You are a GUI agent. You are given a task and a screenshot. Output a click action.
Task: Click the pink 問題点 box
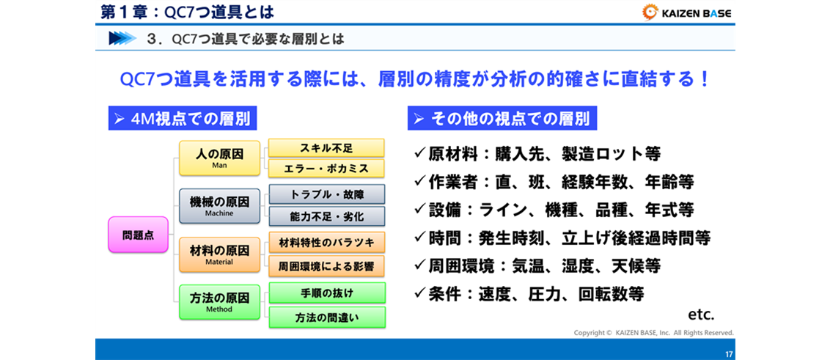tap(138, 235)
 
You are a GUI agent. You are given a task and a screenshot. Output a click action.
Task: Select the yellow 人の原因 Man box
tap(220, 158)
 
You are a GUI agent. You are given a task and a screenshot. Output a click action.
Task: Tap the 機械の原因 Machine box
tap(220, 205)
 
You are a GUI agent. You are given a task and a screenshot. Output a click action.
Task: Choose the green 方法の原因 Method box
tap(220, 302)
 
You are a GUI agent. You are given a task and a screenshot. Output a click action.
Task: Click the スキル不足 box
tap(326, 147)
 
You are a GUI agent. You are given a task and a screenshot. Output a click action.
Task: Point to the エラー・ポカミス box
tap(326, 168)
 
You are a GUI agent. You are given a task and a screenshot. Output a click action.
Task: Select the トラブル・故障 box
tap(326, 194)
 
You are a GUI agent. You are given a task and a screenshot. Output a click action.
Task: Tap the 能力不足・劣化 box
tap(326, 216)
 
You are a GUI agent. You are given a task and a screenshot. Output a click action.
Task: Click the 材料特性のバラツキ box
tap(326, 243)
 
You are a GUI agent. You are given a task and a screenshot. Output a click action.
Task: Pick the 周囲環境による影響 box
tap(326, 265)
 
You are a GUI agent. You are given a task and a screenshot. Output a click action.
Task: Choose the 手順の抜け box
tap(326, 293)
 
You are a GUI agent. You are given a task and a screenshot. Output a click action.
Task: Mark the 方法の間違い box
tap(326, 317)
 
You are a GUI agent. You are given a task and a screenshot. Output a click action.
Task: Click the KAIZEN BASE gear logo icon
tap(650, 12)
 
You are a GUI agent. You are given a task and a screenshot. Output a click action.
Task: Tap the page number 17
tap(729, 354)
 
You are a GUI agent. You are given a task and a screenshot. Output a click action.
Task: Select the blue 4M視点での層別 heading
tap(183, 119)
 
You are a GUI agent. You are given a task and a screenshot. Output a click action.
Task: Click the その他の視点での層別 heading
tap(502, 119)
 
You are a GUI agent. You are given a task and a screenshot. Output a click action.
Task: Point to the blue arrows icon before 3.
tap(122, 39)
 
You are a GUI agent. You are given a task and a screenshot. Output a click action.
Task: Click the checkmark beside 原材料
tap(420, 153)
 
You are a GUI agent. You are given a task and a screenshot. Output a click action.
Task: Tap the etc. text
tap(702, 315)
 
